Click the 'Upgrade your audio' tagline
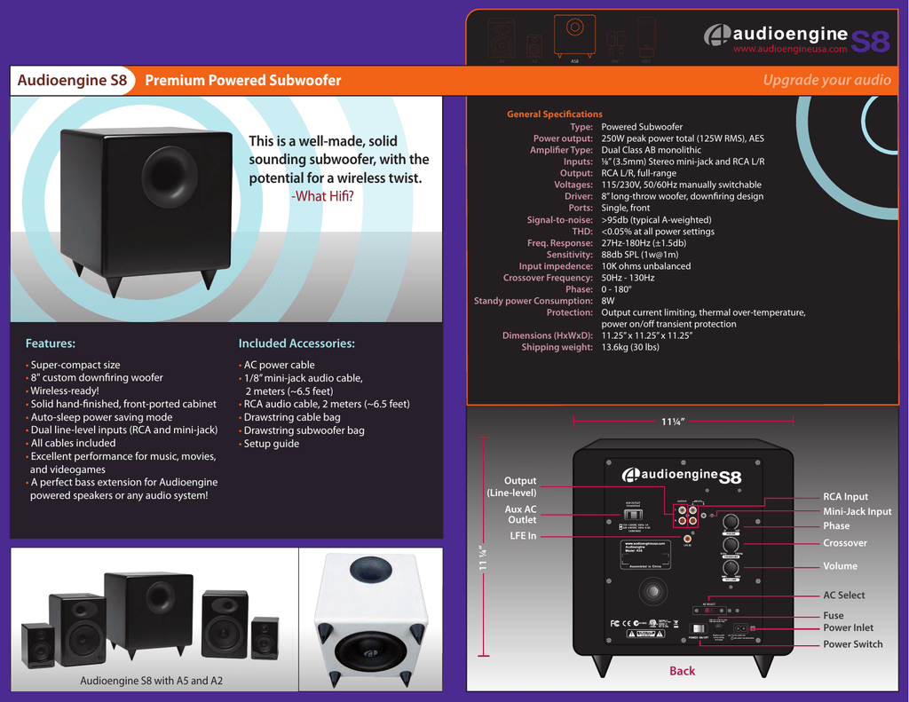[x=826, y=81]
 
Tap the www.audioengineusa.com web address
[x=789, y=50]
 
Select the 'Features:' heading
[x=51, y=343]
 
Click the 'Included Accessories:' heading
[x=296, y=343]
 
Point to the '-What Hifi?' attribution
[x=322, y=196]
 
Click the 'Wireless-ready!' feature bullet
[x=65, y=390]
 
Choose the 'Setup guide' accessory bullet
[x=272, y=444]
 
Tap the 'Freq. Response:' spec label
[x=559, y=243]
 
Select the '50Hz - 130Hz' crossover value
[x=628, y=278]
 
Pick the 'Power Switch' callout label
[x=853, y=644]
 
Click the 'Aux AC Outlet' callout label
[x=520, y=515]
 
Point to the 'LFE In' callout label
[x=523, y=536]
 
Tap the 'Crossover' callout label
[x=845, y=543]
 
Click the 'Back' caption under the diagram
[x=682, y=671]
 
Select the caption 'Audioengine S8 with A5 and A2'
[x=151, y=681]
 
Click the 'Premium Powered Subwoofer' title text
[x=242, y=81]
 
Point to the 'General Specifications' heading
[x=554, y=114]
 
